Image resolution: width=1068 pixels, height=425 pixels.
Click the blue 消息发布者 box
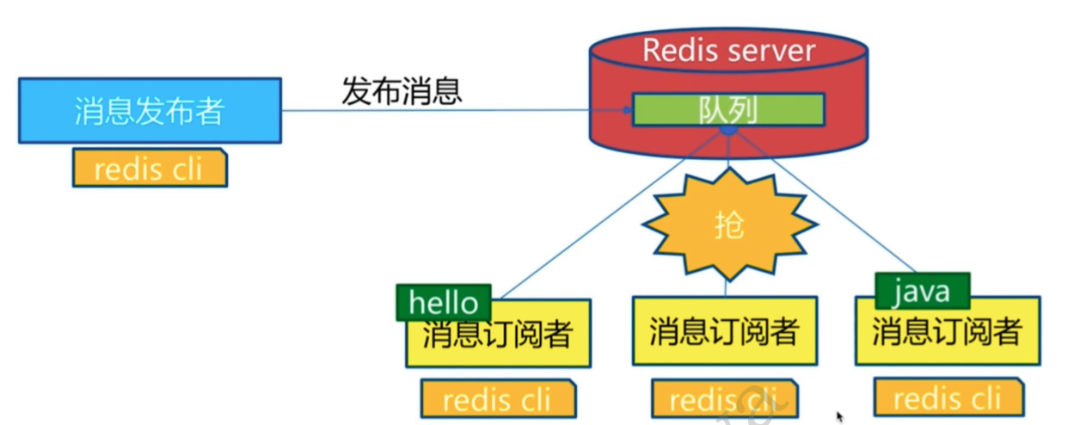pyautogui.click(x=149, y=110)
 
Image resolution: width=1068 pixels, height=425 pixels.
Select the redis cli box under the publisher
pyautogui.click(x=149, y=168)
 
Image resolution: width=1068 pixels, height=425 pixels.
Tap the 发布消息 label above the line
pyautogui.click(x=402, y=91)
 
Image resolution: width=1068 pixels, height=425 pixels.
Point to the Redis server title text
pyautogui.click(x=727, y=50)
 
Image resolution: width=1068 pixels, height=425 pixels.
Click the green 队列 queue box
pyautogui.click(x=728, y=109)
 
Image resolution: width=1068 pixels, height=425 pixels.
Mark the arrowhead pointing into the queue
pyautogui.click(x=627, y=110)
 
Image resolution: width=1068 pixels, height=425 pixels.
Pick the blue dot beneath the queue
pyautogui.click(x=728, y=131)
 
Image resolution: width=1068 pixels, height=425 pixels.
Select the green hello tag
pyautogui.click(x=443, y=302)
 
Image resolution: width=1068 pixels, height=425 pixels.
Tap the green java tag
pyautogui.click(x=921, y=291)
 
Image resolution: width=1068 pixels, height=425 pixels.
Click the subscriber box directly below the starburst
pyautogui.click(x=723, y=331)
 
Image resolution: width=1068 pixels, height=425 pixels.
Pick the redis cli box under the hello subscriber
pyautogui.click(x=498, y=399)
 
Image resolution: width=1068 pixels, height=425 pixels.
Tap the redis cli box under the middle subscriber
pyautogui.click(x=723, y=399)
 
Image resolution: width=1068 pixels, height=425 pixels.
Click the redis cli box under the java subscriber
pyautogui.click(x=948, y=397)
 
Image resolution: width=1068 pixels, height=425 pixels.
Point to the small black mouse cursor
pyautogui.click(x=840, y=417)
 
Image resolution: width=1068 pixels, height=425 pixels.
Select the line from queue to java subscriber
pyautogui.click(x=826, y=203)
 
